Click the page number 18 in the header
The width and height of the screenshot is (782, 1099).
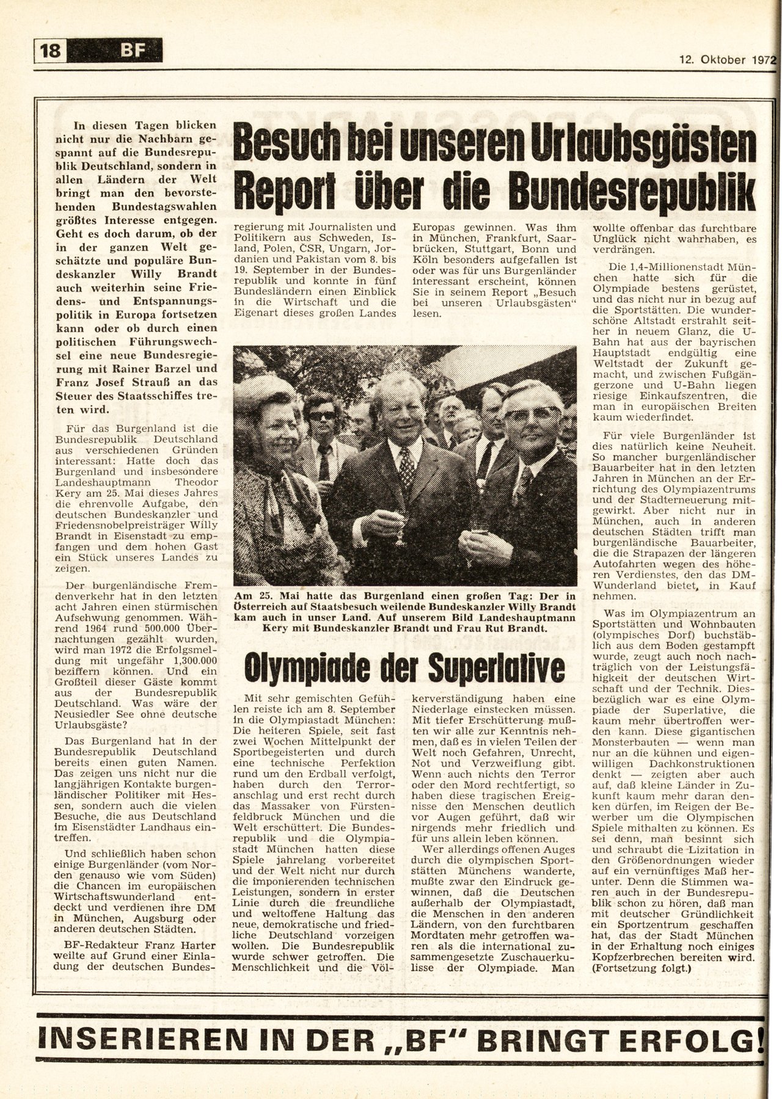point(51,50)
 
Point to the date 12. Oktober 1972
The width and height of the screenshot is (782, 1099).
point(726,60)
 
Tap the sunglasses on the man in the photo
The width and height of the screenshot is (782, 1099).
point(321,415)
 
